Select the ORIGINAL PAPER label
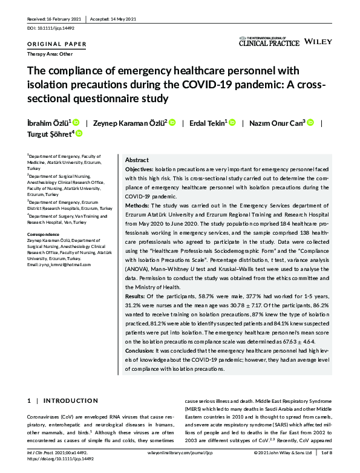(x=57, y=44)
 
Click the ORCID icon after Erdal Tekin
(x=232, y=123)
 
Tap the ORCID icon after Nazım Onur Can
(x=310, y=123)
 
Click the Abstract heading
(x=137, y=160)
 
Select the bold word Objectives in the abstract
(x=139, y=171)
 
